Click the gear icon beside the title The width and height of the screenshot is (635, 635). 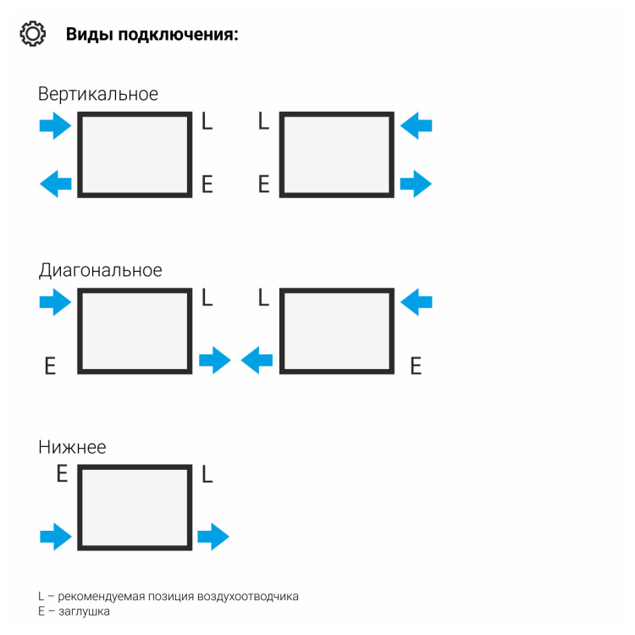tap(32, 35)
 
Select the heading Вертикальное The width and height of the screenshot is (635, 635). tap(97, 94)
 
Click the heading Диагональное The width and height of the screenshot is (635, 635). tap(100, 270)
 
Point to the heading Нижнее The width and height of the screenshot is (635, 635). tap(72, 447)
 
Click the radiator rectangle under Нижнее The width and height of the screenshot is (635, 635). tap(135, 507)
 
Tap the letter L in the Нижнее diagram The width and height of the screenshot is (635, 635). tap(207, 474)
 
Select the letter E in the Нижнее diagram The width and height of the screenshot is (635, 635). tap(62, 474)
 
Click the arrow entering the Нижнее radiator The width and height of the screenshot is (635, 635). tap(56, 536)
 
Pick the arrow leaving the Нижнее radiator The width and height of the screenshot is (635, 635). tap(213, 536)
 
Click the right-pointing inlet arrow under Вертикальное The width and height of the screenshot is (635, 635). tap(56, 127)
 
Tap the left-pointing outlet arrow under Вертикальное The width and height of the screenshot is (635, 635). tap(56, 183)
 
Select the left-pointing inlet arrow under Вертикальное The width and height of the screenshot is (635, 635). tap(416, 127)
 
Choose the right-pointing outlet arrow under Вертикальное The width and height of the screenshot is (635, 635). tap(416, 183)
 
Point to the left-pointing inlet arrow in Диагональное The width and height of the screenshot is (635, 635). tap(416, 301)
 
